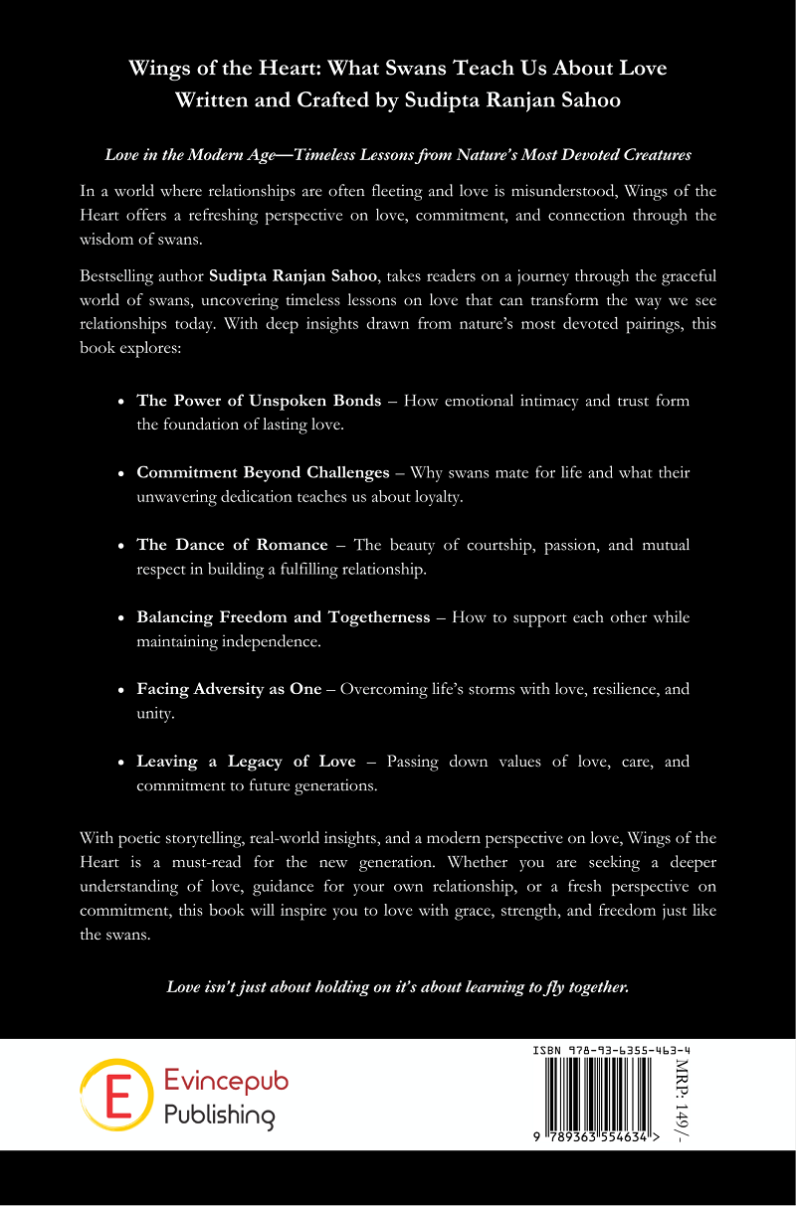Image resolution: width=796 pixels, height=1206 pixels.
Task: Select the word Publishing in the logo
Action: coord(219,1116)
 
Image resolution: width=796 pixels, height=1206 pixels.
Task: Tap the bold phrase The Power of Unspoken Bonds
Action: coord(259,401)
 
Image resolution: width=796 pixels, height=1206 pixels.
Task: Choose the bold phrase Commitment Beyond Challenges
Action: coord(263,472)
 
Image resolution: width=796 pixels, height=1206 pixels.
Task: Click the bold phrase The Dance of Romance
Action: coord(232,545)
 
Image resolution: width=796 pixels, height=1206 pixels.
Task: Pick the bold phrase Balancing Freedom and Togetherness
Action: coord(283,616)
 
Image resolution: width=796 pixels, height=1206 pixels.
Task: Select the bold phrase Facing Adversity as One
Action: coord(229,688)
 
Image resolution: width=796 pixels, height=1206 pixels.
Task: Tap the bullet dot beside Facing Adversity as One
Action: coord(121,689)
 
